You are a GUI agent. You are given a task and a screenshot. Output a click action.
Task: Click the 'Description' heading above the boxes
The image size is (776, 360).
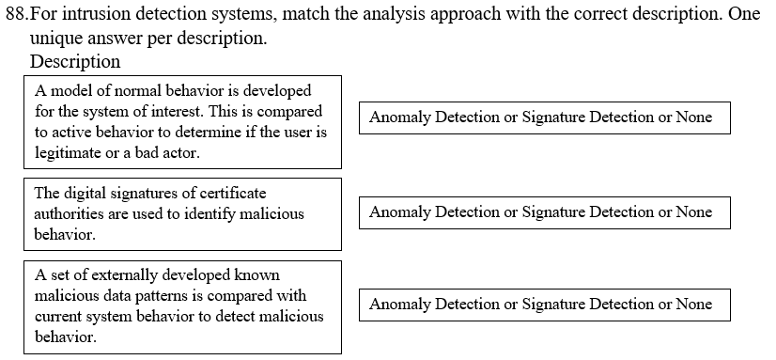(x=75, y=62)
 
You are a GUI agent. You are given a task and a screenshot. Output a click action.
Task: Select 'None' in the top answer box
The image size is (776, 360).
(x=693, y=117)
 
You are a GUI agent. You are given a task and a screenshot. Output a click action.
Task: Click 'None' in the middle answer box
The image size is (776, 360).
(x=693, y=212)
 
